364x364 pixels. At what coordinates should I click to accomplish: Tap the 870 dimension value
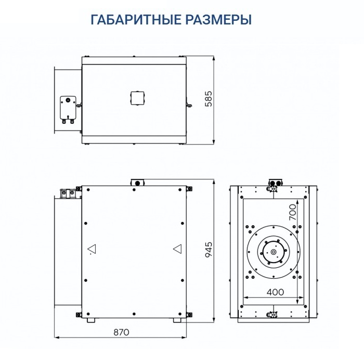[x=121, y=331]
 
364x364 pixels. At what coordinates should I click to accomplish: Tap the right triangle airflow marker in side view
[x=177, y=250]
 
